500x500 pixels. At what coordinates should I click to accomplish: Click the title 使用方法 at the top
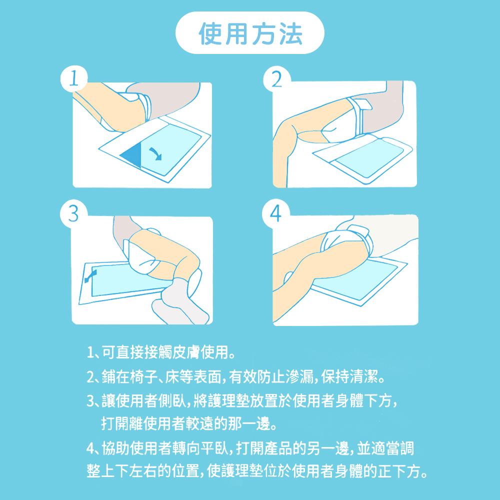pyautogui.click(x=250, y=33)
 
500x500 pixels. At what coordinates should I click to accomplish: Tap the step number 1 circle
pyautogui.click(x=73, y=79)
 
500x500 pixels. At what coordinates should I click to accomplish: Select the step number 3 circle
pyautogui.click(x=73, y=213)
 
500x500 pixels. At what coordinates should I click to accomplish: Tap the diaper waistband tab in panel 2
pyautogui.click(x=361, y=105)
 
